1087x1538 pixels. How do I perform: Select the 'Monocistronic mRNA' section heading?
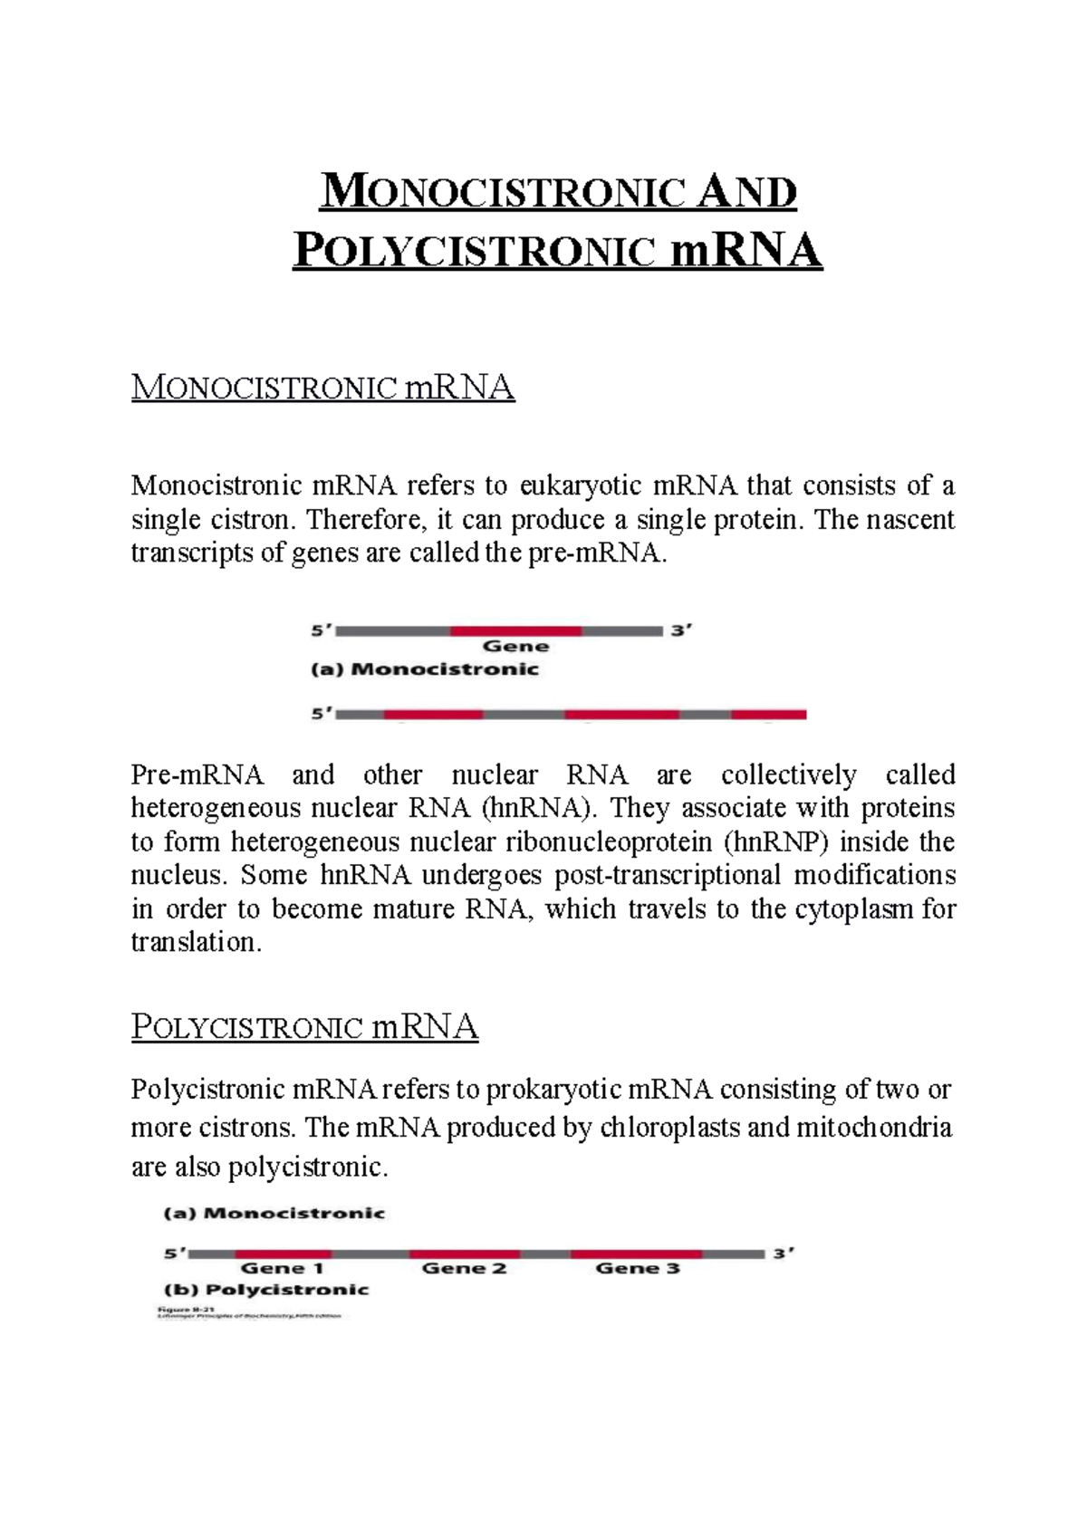(x=323, y=388)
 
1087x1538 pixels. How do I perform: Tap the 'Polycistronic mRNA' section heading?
(x=304, y=1027)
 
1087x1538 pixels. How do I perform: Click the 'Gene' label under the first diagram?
(x=515, y=647)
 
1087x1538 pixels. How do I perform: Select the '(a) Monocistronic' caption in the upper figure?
(x=425, y=669)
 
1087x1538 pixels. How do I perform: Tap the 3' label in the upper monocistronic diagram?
(x=681, y=630)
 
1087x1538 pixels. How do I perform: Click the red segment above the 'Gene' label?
(x=516, y=630)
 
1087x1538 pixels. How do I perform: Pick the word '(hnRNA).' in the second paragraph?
(x=542, y=808)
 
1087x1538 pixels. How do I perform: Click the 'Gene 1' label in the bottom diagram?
(x=282, y=1269)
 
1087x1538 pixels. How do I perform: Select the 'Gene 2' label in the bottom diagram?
(x=464, y=1269)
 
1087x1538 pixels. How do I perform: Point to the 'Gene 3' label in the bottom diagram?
(x=637, y=1269)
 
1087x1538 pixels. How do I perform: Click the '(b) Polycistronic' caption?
(x=266, y=1290)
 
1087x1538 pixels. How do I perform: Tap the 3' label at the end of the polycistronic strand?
(x=783, y=1254)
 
